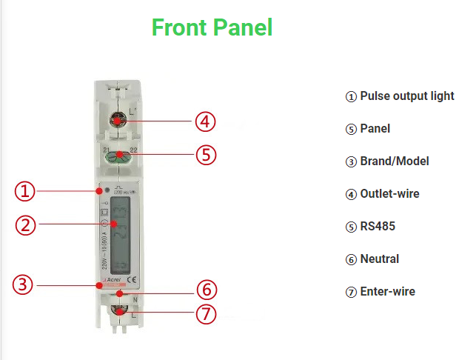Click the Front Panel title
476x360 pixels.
click(x=212, y=27)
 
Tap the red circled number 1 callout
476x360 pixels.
click(x=25, y=191)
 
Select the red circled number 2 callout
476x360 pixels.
click(x=25, y=224)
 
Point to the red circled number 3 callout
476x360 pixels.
click(x=25, y=284)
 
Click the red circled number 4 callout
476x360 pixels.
click(x=206, y=121)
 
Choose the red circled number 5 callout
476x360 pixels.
click(x=206, y=156)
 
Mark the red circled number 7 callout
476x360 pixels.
click(x=206, y=314)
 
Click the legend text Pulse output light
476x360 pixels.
click(x=406, y=96)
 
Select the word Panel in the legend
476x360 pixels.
click(x=375, y=129)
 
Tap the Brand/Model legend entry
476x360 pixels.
click(x=394, y=161)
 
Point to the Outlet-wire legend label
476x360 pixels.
click(x=389, y=194)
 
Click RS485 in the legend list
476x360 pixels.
click(x=378, y=227)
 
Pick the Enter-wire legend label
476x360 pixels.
click(x=387, y=292)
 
